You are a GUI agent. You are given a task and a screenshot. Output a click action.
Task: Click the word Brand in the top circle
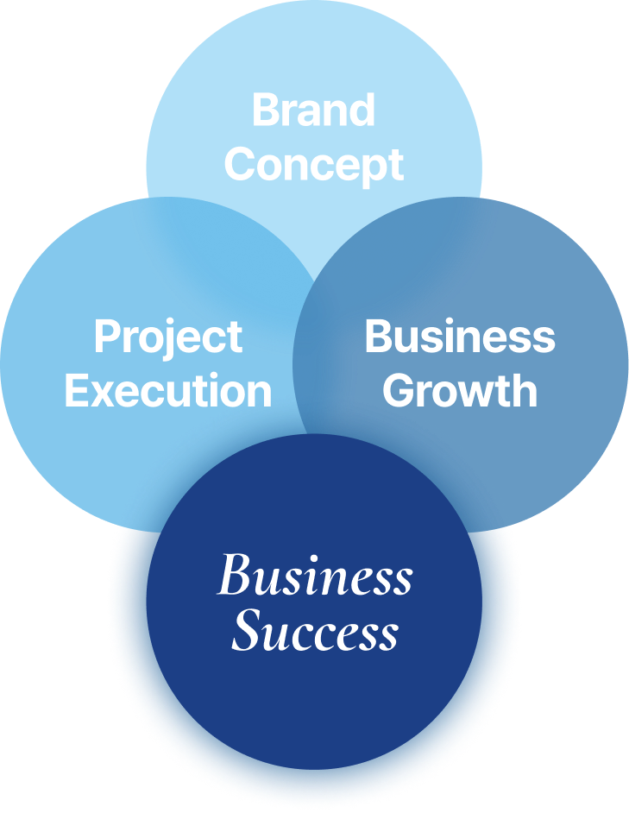pyautogui.click(x=314, y=110)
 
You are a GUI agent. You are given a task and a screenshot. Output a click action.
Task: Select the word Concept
pyautogui.click(x=314, y=164)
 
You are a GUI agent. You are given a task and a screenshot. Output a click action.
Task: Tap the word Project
pyautogui.click(x=168, y=337)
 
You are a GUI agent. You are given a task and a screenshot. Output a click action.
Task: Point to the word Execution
pyautogui.click(x=168, y=391)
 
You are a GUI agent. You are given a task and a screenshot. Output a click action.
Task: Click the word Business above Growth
pyautogui.click(x=460, y=337)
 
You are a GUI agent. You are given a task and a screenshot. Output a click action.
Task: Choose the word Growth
pyautogui.click(x=460, y=391)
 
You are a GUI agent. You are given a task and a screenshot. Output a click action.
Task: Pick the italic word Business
pyautogui.click(x=315, y=577)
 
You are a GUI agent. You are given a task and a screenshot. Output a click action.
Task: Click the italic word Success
pyautogui.click(x=315, y=633)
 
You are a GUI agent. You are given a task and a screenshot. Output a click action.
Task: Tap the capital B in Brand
pyautogui.click(x=266, y=110)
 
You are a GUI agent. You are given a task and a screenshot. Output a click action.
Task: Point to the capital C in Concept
pyautogui.click(x=242, y=164)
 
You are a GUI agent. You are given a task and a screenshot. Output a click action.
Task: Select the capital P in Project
pyautogui.click(x=106, y=337)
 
